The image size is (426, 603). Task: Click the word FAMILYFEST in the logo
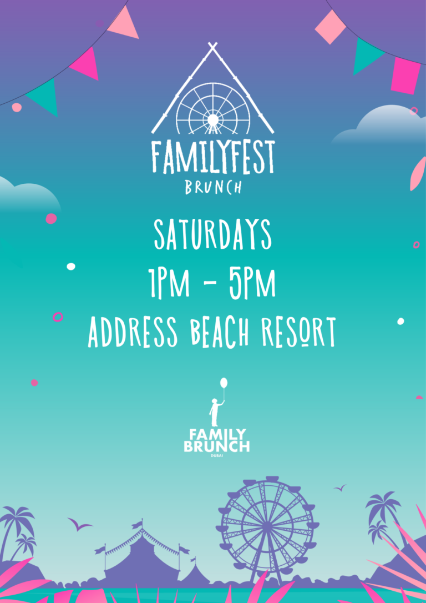[x=213, y=158]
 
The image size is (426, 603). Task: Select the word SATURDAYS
[x=213, y=235]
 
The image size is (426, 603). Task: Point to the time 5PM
[x=252, y=283]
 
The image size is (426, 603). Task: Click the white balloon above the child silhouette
[x=224, y=383]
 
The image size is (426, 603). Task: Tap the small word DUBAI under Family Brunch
[x=217, y=456]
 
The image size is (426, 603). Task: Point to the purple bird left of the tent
[x=79, y=524]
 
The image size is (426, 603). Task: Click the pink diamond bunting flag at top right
[x=331, y=27]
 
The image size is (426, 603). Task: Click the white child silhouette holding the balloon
[x=216, y=412]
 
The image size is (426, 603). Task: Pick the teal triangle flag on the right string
[x=366, y=55]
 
